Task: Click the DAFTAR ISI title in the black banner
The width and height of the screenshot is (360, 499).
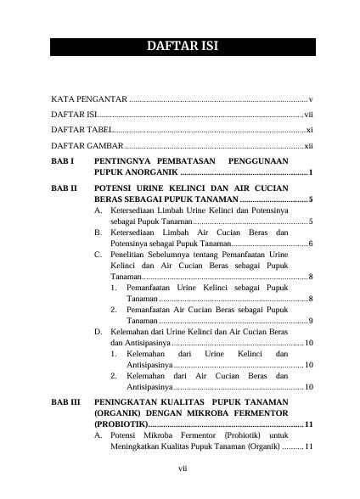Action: [x=179, y=46]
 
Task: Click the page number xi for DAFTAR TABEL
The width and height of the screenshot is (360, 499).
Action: [x=310, y=130]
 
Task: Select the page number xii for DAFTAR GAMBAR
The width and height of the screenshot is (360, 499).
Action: [x=309, y=145]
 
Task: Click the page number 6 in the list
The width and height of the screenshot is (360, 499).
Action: [x=312, y=244]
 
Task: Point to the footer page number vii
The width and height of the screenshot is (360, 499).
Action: [x=181, y=468]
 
